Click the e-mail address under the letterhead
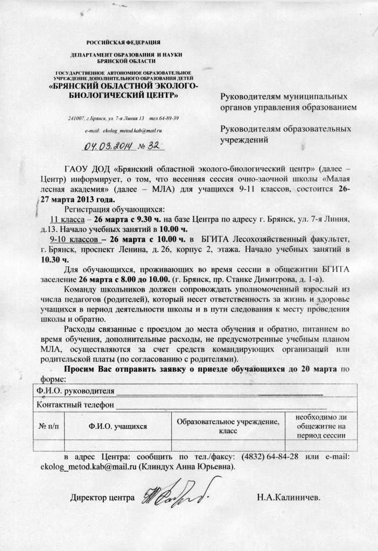[x=124, y=130]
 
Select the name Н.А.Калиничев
[x=288, y=497]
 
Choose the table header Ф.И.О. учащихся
[x=118, y=426]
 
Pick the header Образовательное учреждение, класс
[x=228, y=426]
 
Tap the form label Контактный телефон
[x=75, y=404]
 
